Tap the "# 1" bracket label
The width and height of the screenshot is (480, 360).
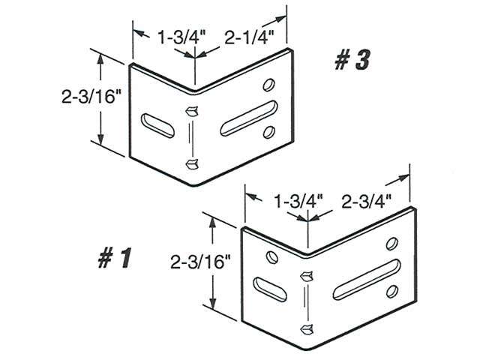pos(114,259)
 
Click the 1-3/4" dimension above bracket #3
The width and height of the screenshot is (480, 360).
pos(177,34)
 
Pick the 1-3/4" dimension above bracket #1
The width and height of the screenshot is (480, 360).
pos(298,201)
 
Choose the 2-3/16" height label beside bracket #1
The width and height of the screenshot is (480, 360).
pos(200,262)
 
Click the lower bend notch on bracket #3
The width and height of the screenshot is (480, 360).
pos(192,164)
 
